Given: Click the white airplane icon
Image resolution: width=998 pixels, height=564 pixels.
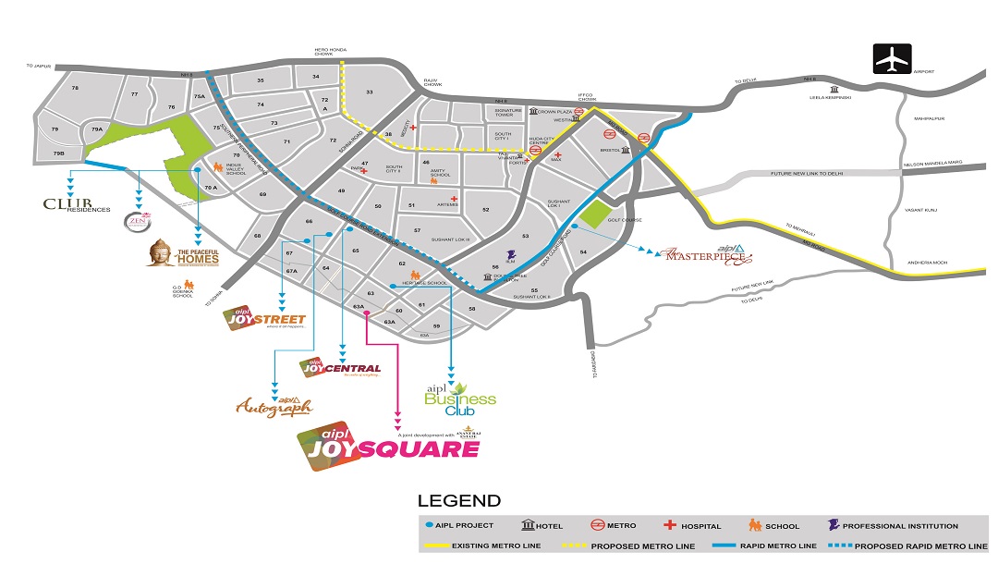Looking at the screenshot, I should point(893,58).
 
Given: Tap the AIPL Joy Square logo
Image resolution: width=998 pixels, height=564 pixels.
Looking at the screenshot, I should point(388,445).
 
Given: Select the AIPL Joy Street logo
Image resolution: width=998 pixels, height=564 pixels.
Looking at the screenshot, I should point(264,319).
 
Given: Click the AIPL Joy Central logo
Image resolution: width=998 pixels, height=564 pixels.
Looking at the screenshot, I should point(341,368).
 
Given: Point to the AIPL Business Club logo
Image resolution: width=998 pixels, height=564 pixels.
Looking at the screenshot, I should point(459,398).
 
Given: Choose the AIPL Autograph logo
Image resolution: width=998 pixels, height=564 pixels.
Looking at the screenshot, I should point(274,406).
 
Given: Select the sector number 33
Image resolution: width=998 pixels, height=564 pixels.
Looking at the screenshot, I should point(369,92).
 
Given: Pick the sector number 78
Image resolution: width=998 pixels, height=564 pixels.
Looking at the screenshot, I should point(76,88).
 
